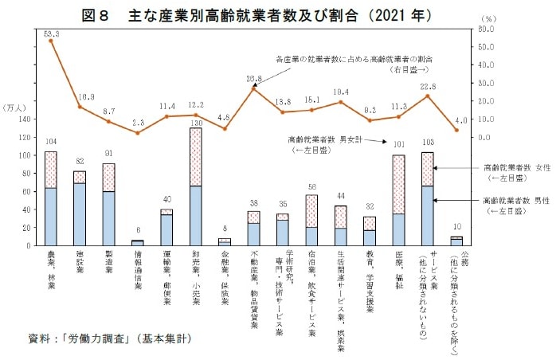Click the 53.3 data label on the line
pyautogui.click(x=51, y=33)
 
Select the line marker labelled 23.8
pyautogui.click(x=254, y=88)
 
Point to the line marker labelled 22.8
pyautogui.click(x=429, y=96)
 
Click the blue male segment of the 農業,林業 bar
pyautogui.click(x=51, y=217)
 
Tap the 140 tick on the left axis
pyautogui.click(x=22, y=119)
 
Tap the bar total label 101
pyautogui.click(x=399, y=146)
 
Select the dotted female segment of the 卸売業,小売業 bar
pyautogui.click(x=196, y=156)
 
